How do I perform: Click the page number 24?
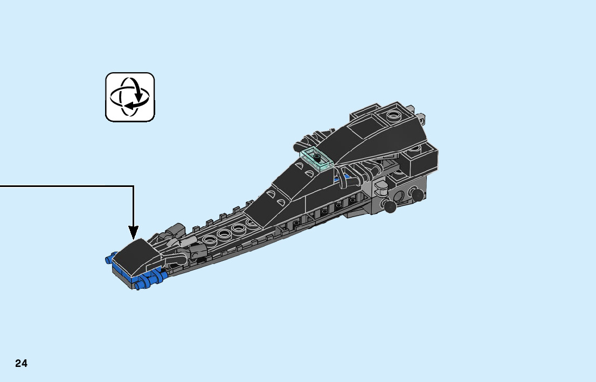pyautogui.click(x=22, y=364)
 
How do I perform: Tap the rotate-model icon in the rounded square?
pyautogui.click(x=130, y=97)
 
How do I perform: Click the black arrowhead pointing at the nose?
pyautogui.click(x=133, y=232)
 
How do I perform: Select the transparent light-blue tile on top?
pyautogui.click(x=317, y=159)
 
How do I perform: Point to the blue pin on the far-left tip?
pyautogui.click(x=109, y=258)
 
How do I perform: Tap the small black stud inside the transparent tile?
pyautogui.click(x=318, y=157)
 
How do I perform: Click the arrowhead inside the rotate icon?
pyautogui.click(x=138, y=98)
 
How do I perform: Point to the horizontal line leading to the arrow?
pyautogui.click(x=65, y=186)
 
